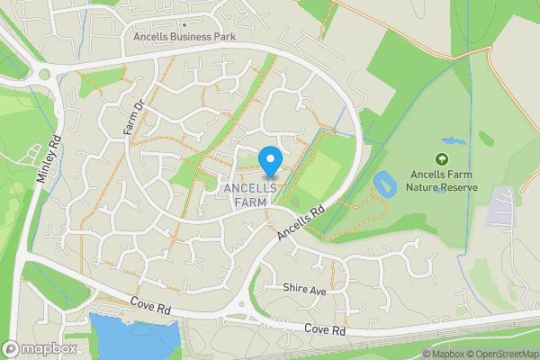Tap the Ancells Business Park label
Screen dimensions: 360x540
[184, 37]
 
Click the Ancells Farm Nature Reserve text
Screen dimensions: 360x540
[442, 181]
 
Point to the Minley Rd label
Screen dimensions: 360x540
[48, 161]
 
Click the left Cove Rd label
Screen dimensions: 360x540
[148, 307]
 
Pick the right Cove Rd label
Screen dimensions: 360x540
[325, 330]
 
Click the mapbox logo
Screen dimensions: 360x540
[40, 348]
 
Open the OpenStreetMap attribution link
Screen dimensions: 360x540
[503, 354]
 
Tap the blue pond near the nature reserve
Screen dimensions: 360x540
[384, 184]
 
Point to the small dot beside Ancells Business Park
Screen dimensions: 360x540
[184, 25]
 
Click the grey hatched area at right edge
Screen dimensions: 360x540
[502, 207]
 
